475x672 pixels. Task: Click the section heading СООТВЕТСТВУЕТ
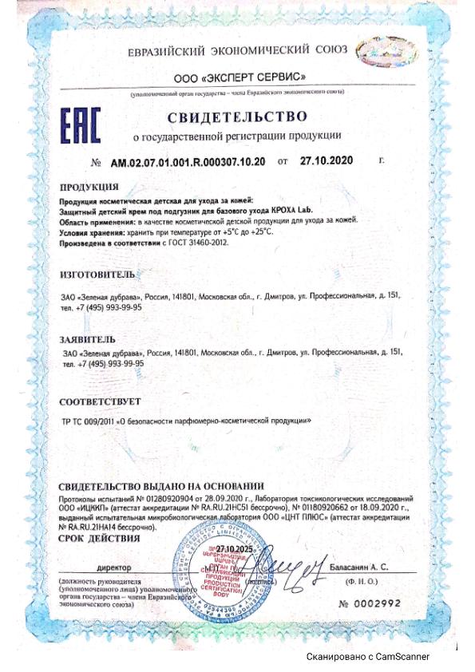[101, 401]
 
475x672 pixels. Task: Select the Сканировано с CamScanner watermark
[368, 656]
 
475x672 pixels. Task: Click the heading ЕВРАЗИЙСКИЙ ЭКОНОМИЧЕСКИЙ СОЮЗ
[237, 50]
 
